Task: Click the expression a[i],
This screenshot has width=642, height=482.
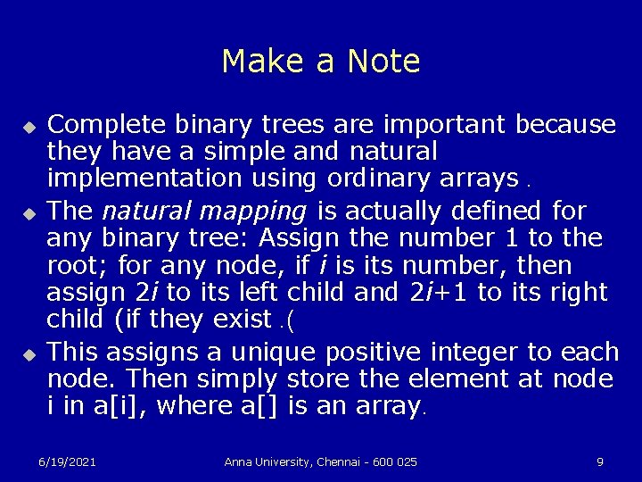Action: [119, 407]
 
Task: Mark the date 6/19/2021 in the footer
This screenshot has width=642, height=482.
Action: [67, 461]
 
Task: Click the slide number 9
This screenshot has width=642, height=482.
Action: [600, 461]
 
